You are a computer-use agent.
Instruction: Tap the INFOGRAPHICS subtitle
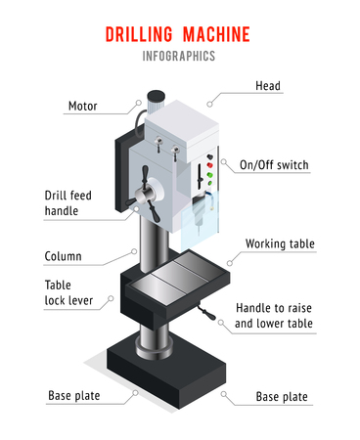click(x=179, y=56)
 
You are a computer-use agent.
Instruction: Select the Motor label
click(x=82, y=106)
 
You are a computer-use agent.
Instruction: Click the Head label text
click(x=268, y=86)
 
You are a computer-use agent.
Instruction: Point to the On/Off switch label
click(x=274, y=165)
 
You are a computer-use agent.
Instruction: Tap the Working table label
click(x=279, y=242)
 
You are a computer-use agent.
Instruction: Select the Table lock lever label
click(x=68, y=292)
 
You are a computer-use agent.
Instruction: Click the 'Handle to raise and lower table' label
click(x=275, y=315)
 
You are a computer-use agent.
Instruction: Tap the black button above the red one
click(x=207, y=154)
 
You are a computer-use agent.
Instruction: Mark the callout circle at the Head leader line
click(x=209, y=103)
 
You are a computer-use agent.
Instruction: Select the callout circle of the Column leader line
click(x=134, y=249)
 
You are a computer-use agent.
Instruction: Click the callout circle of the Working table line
click(x=228, y=262)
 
